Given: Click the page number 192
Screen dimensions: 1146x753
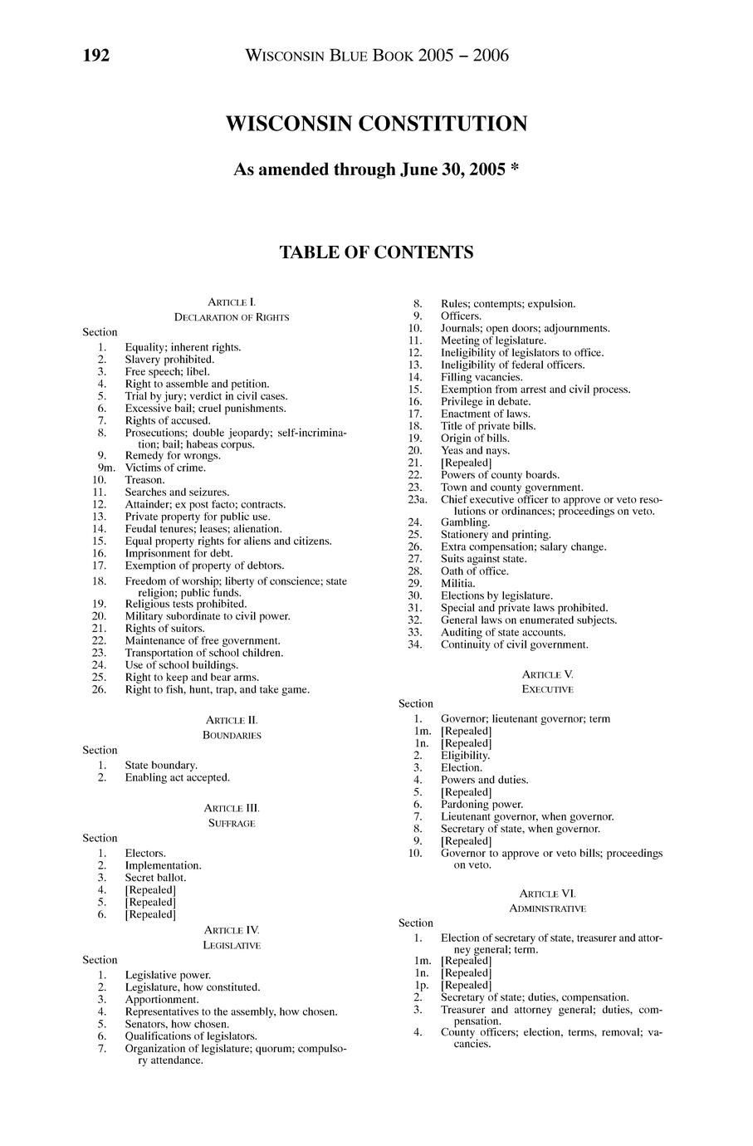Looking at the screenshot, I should point(96,56).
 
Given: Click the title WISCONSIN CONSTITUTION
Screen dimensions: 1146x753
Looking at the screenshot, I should point(376,125).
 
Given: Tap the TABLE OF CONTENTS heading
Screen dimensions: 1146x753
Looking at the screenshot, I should point(376,252).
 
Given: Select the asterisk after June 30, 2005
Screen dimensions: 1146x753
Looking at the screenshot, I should point(515,169).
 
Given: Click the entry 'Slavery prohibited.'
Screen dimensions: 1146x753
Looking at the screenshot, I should point(169,360).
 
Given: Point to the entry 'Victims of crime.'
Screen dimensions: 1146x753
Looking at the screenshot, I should point(165,468).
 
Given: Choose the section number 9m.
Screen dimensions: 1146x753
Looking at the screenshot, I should point(101,468).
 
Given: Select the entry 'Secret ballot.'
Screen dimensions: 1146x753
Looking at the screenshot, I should point(155,877).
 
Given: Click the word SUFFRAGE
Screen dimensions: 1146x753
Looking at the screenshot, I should point(232,823).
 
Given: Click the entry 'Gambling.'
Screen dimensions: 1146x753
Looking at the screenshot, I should point(465,522).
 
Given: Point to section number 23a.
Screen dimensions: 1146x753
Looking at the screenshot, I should point(417,499).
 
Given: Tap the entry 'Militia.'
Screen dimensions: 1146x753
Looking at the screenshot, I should point(457,583).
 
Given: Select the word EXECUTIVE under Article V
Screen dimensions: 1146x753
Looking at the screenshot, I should point(547,689).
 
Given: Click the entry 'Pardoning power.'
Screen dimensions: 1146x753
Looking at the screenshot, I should point(482,804).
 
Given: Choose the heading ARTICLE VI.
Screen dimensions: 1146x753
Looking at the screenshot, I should point(547,894).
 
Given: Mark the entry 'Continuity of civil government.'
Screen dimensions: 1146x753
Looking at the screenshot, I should point(514,644).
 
